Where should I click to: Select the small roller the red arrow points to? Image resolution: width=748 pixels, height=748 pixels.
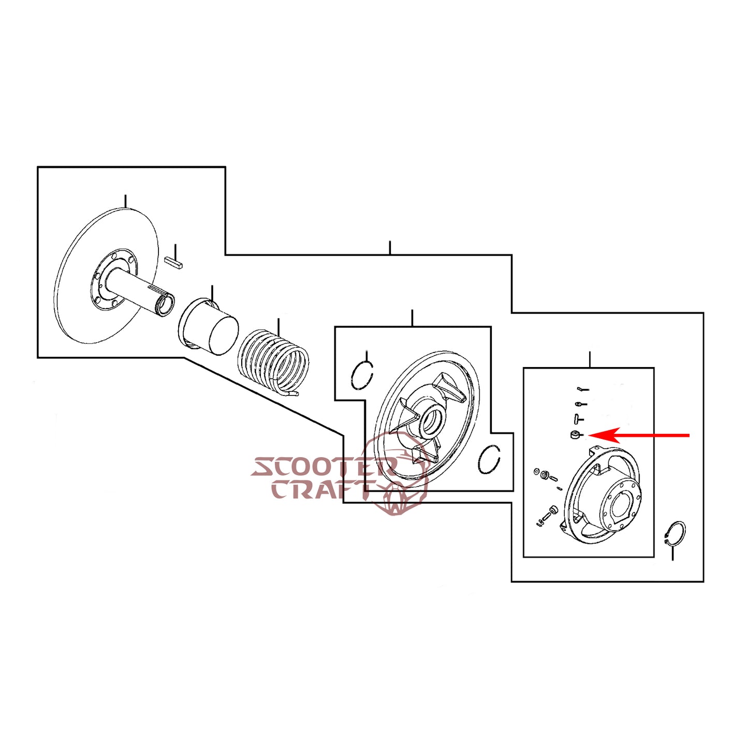[575, 435]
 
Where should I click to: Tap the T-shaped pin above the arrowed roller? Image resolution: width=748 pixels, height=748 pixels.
[578, 418]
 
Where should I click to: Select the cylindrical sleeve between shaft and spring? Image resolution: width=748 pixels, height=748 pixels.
[209, 328]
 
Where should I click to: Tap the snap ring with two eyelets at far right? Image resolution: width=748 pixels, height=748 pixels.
[676, 534]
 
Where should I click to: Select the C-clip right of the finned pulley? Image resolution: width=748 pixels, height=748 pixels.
[489, 459]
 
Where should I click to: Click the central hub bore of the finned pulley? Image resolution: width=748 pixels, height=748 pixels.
[430, 420]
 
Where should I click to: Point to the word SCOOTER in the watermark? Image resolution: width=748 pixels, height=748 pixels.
[321, 467]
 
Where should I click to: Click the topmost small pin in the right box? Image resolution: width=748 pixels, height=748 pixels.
[582, 388]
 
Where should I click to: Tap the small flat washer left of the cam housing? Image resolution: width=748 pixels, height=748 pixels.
[537, 472]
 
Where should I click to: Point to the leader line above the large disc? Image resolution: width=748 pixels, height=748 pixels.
[125, 201]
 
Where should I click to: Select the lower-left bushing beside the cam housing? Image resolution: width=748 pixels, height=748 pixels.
[552, 511]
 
